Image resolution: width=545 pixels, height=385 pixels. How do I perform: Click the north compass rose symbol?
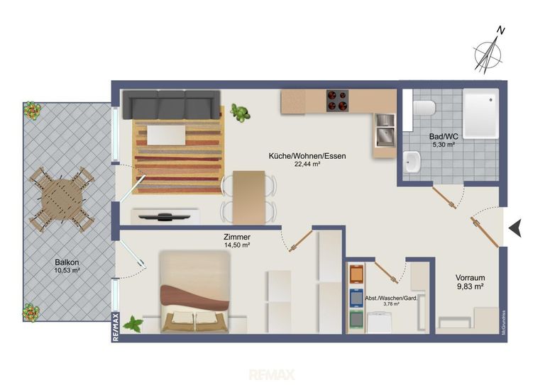point(488,54)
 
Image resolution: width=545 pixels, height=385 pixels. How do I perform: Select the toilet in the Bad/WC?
point(424,108)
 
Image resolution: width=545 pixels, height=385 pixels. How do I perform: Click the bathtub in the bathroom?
point(480,113)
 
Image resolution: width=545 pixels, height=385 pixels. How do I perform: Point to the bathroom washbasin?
point(412,162)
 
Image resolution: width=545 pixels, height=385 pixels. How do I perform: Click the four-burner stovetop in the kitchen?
point(337,101)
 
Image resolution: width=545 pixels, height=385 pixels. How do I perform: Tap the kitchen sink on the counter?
point(385,130)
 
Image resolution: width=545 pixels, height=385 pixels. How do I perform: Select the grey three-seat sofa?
point(171,104)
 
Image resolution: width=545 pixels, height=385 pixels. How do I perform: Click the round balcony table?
point(62,199)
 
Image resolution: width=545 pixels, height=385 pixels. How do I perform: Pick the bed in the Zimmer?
point(194,292)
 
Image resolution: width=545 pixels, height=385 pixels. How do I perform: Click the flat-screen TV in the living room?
point(164,217)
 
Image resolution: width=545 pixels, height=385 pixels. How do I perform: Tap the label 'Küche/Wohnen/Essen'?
point(307,156)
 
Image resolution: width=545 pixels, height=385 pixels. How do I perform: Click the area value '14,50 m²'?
point(237,245)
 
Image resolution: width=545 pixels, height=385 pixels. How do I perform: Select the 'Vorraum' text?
point(470,278)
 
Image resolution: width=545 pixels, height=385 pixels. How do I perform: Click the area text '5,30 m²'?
point(444,145)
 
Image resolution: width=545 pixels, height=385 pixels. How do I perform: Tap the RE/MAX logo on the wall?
point(116,327)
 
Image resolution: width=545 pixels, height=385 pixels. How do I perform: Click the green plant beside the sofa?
point(240,113)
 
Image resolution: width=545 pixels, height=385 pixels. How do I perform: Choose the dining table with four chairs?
point(249,198)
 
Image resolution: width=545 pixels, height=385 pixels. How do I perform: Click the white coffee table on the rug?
point(166,135)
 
